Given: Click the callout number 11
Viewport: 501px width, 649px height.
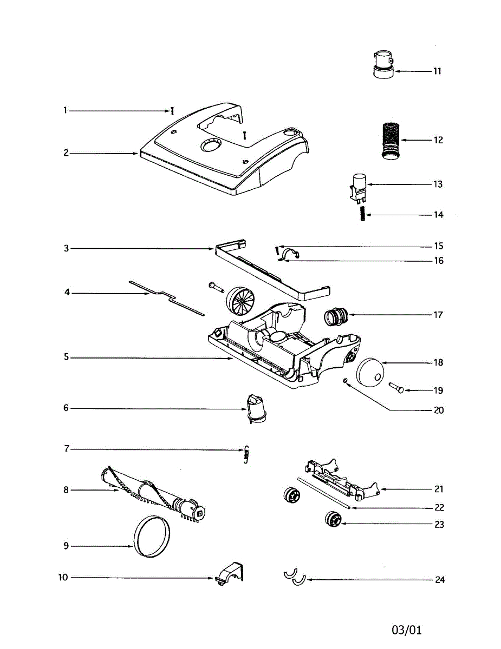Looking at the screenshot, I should coord(437,71).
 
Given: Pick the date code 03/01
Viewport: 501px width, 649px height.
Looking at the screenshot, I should coord(406,630).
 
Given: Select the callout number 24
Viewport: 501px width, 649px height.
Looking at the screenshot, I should coord(440,580).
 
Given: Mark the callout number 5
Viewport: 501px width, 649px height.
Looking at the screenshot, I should coord(66,357).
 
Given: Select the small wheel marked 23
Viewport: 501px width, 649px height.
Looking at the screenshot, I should coord(331,520).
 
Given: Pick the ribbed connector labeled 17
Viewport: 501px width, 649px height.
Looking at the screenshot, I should coord(336,316).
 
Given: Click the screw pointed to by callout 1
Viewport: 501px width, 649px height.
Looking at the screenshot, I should coord(172,110).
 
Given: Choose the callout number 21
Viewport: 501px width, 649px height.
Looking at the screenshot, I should coord(439,489).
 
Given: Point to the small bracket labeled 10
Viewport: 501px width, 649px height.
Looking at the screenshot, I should coord(230,573).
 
